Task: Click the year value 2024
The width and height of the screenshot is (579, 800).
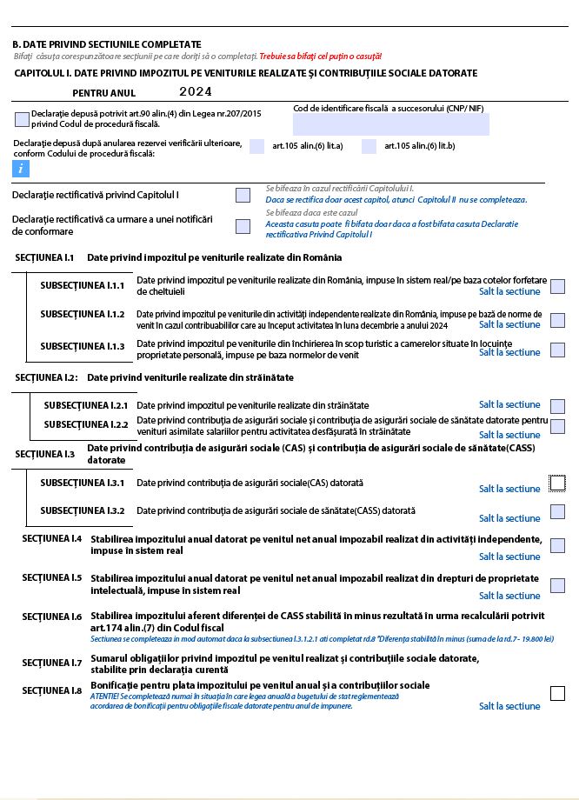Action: click(x=196, y=91)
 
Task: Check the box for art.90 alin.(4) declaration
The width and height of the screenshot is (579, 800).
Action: click(x=22, y=119)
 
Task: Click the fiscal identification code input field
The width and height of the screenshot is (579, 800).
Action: click(x=390, y=124)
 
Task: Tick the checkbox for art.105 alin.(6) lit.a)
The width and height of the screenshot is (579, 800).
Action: click(x=256, y=146)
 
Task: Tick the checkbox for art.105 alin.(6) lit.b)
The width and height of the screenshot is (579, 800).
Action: click(x=369, y=146)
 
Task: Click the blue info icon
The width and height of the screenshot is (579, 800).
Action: click(x=21, y=169)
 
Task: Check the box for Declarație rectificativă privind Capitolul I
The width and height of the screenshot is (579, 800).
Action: click(x=243, y=195)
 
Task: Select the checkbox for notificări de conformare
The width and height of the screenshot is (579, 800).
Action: click(x=243, y=226)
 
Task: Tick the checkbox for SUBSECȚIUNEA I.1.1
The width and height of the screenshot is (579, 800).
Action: click(x=557, y=286)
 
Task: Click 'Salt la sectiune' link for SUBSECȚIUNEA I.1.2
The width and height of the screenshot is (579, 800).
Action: click(x=509, y=324)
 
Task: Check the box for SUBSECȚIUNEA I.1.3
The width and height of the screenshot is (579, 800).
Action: click(x=557, y=350)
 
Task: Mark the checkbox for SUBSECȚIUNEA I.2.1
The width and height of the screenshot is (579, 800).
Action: click(x=557, y=405)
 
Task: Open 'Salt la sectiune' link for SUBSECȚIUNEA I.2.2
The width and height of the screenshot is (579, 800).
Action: click(x=509, y=435)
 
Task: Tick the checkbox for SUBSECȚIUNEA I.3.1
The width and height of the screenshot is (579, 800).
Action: click(x=557, y=483)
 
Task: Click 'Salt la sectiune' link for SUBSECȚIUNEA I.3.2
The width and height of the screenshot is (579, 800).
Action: click(x=509, y=518)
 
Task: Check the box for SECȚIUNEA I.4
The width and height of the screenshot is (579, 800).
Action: click(x=557, y=545)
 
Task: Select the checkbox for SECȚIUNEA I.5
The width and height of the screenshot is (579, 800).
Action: click(x=557, y=585)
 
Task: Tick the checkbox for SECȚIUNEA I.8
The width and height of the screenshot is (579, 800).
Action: click(x=557, y=693)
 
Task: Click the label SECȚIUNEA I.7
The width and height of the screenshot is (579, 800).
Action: click(x=52, y=663)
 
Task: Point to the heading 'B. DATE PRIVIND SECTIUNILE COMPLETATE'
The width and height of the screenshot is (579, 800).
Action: click(x=106, y=44)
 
